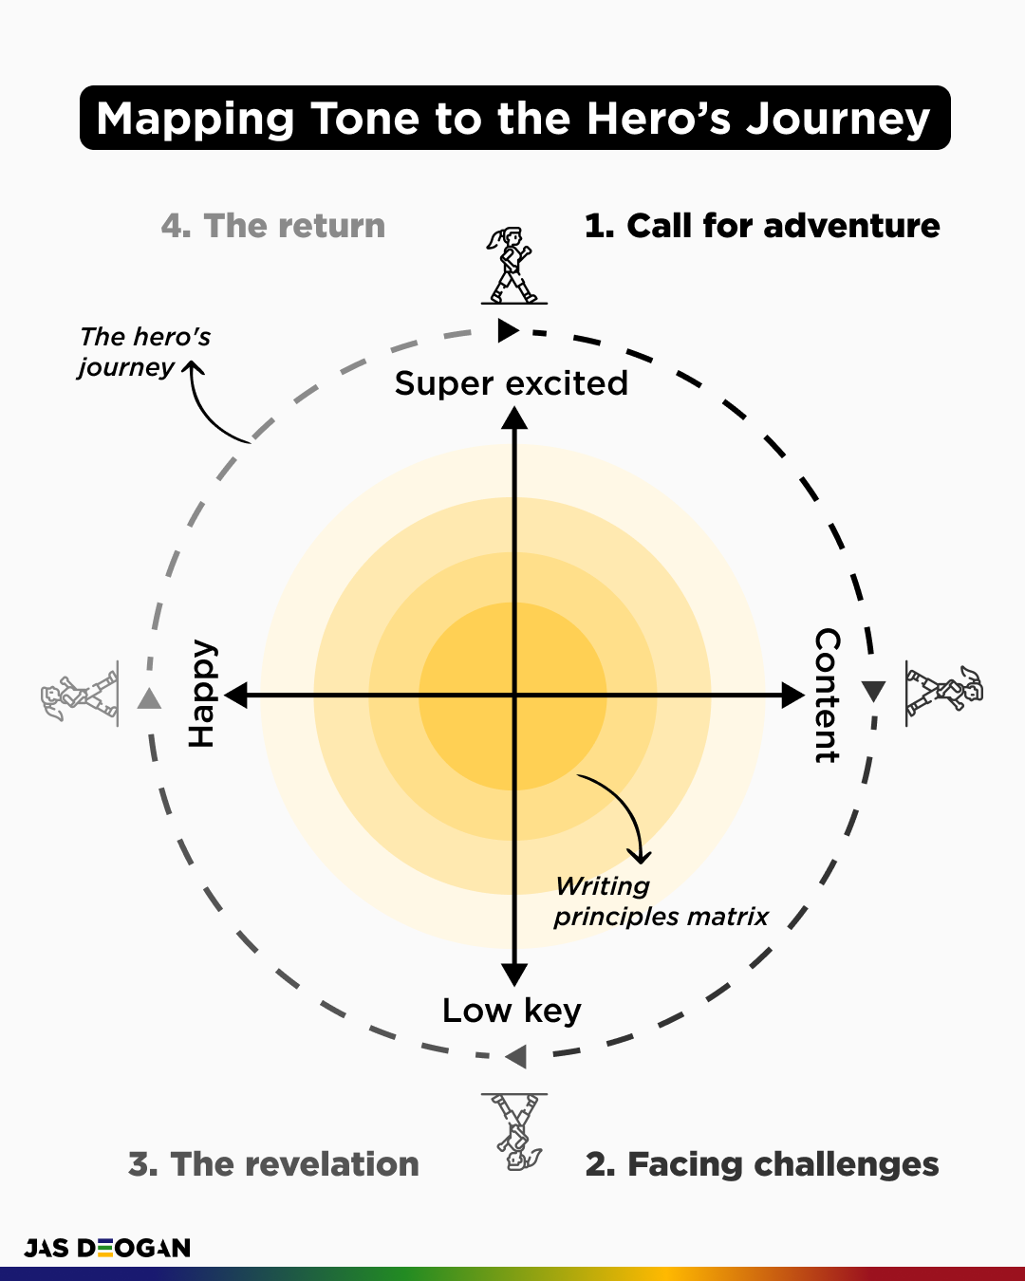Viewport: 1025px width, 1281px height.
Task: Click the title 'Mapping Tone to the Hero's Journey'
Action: click(513, 119)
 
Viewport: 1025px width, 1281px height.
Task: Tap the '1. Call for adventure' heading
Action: click(762, 226)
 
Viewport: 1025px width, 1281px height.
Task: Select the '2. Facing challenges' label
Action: click(762, 1164)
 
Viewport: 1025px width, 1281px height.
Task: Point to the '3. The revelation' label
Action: click(273, 1164)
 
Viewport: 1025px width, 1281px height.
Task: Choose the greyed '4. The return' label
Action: click(273, 226)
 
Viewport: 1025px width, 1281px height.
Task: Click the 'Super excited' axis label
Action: click(512, 383)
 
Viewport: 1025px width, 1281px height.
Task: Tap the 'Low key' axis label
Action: click(512, 1011)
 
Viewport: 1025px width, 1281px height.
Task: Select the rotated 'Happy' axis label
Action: click(202, 694)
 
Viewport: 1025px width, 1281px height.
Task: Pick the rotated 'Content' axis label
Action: click(827, 695)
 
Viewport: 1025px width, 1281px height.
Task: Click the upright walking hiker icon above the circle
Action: click(513, 266)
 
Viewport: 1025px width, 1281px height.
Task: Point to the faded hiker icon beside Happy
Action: click(81, 696)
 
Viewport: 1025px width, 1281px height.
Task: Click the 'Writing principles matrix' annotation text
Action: click(661, 901)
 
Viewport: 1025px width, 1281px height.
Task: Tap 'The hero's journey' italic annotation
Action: click(144, 352)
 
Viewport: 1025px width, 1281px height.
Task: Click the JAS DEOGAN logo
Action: click(107, 1248)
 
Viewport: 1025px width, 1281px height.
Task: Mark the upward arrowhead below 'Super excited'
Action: click(514, 418)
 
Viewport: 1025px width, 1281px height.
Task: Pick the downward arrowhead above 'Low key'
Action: click(514, 974)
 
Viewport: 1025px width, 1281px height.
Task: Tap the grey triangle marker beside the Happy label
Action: click(149, 699)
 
